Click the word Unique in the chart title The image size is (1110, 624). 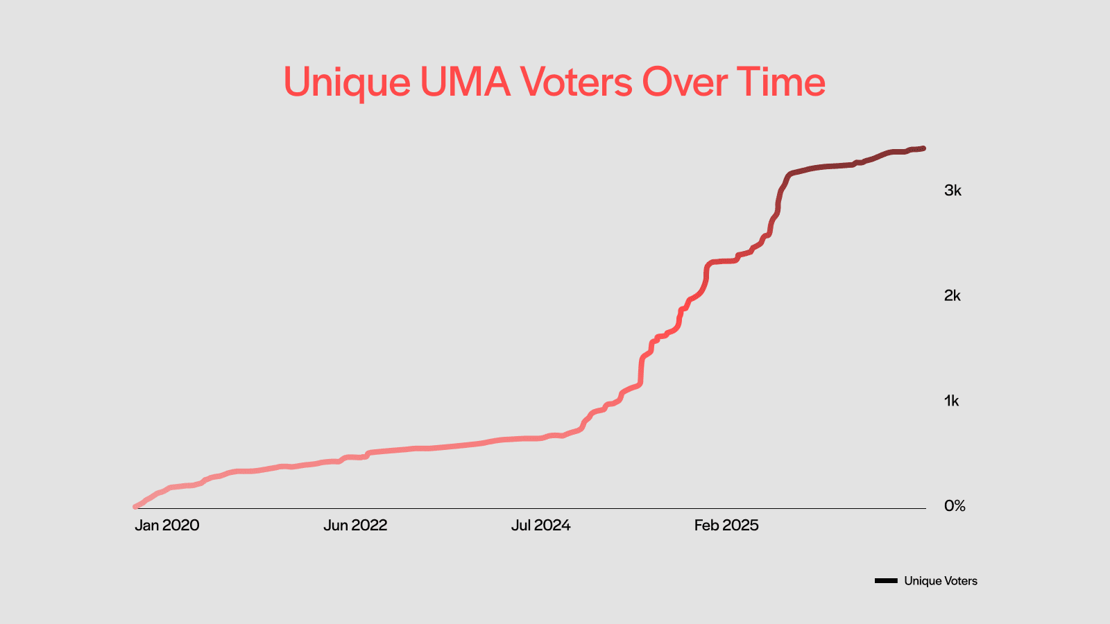tap(347, 83)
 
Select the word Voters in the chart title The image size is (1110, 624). tap(577, 82)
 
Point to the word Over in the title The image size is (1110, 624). tap(685, 82)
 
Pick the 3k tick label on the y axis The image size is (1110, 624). tap(953, 191)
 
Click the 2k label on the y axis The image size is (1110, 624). tap(953, 296)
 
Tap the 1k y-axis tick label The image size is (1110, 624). tap(952, 401)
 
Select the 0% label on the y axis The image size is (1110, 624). tap(955, 506)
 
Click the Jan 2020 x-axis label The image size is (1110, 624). tap(166, 526)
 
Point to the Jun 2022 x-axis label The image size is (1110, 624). tap(355, 526)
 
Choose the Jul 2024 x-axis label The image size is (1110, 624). tap(540, 526)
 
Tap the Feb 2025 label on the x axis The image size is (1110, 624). tap(726, 526)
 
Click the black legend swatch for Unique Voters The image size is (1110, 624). tap(886, 581)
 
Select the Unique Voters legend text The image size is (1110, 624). tap(941, 581)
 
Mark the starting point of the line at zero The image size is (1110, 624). tap(135, 507)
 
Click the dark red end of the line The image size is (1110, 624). tap(923, 148)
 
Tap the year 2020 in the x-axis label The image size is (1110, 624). tap(181, 526)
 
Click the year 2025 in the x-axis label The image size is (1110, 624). tap(741, 526)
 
